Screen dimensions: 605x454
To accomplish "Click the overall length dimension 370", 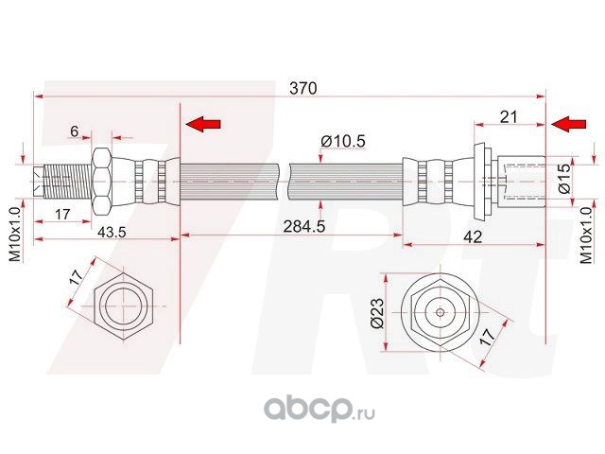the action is (x=302, y=87).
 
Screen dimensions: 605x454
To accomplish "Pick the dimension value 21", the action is (x=510, y=116).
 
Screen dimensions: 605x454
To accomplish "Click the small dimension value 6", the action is (x=75, y=131).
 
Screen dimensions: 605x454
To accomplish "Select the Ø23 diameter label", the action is (x=377, y=311).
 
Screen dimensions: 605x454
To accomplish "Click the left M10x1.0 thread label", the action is (x=14, y=236).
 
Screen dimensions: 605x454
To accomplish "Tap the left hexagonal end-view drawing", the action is (x=124, y=309).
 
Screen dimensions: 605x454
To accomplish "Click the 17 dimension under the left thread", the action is (x=62, y=215).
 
